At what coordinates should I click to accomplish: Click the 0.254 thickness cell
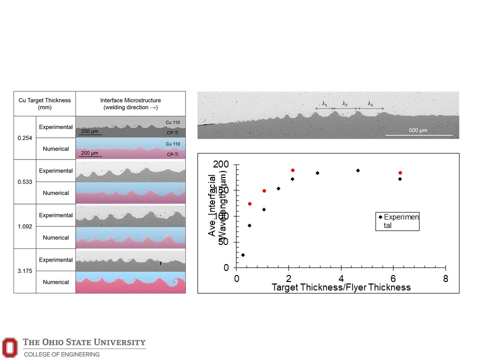(x=24, y=138)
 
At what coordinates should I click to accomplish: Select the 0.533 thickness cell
(x=24, y=182)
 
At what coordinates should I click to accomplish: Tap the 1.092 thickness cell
(x=24, y=226)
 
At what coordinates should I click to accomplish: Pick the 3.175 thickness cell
(x=24, y=271)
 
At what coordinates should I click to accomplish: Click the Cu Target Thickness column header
(x=44, y=103)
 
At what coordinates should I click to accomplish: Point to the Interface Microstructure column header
(x=130, y=103)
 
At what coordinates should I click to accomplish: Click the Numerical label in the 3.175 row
(x=56, y=282)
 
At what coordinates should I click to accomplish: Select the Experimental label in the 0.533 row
(x=56, y=171)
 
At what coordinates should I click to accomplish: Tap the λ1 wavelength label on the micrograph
(x=324, y=104)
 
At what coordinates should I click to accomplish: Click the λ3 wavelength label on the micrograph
(x=370, y=104)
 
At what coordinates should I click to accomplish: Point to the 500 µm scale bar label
(x=419, y=130)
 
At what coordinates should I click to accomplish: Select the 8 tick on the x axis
(x=445, y=278)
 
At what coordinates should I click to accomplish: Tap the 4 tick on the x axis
(x=341, y=278)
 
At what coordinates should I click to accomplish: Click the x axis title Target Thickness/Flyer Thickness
(x=341, y=287)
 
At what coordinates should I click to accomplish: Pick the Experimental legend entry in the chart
(x=398, y=221)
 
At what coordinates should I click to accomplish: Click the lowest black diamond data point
(x=243, y=255)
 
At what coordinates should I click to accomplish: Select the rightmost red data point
(x=400, y=173)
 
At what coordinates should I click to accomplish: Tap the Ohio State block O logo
(x=9, y=347)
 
